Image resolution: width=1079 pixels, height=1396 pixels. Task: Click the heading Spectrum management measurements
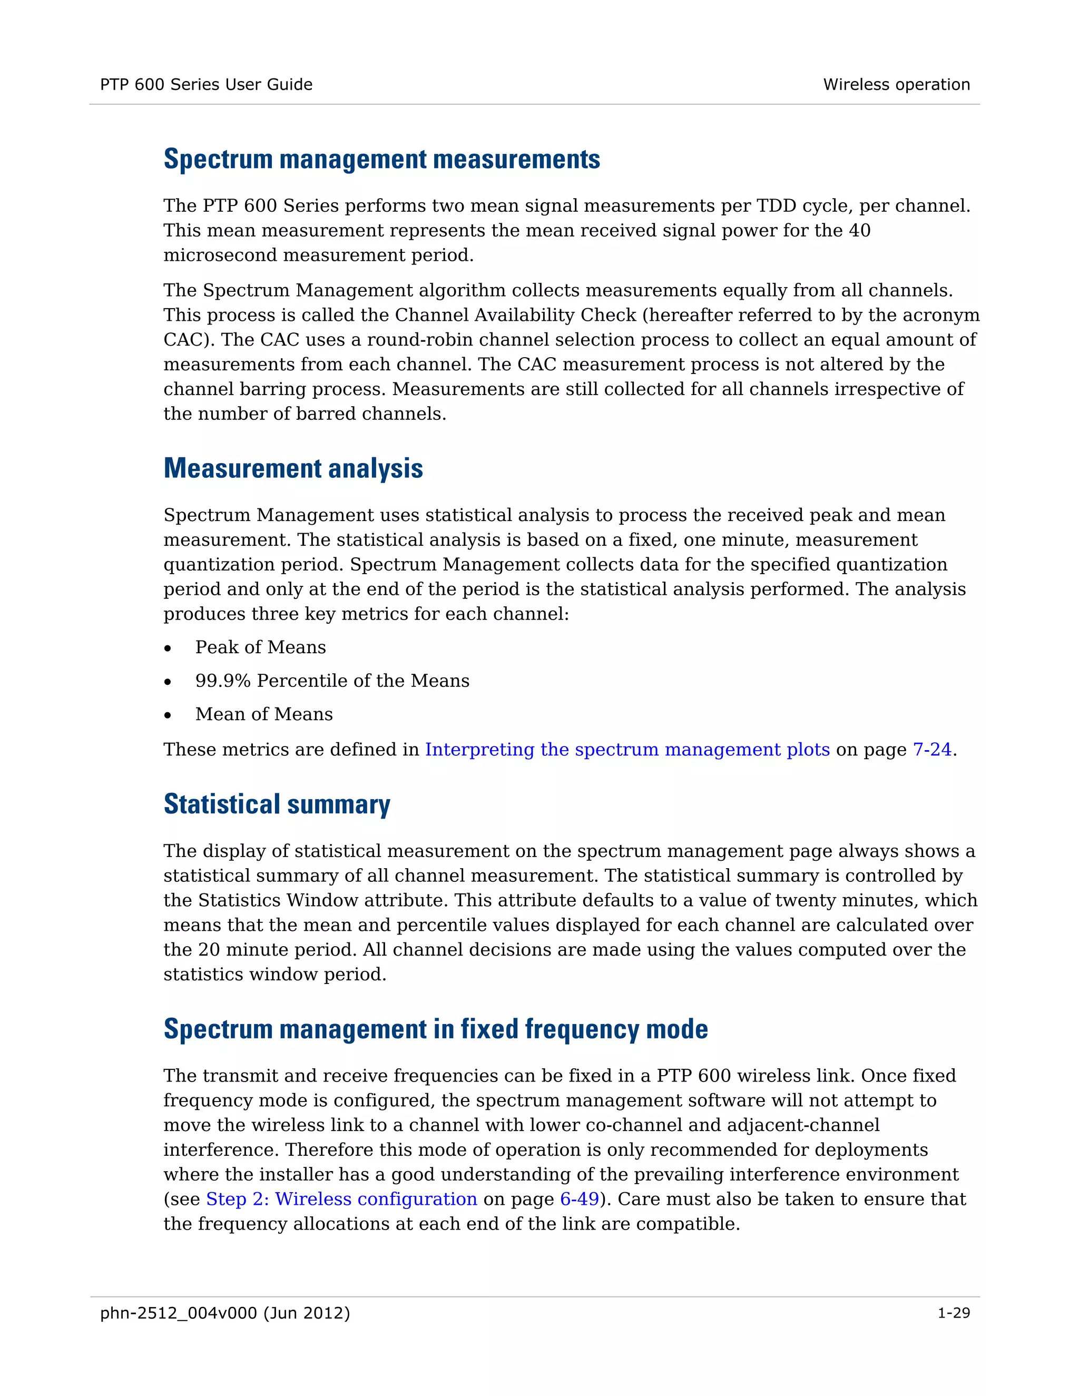coord(381,159)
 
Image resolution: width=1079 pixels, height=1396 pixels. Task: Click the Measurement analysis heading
coord(293,468)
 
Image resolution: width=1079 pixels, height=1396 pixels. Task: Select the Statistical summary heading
coord(277,804)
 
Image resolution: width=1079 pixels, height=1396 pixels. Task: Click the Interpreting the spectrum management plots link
coord(627,749)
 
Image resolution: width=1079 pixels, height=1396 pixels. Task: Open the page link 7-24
coord(932,749)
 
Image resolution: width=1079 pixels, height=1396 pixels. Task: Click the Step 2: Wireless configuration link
coord(341,1199)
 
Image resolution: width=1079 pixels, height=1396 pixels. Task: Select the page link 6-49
coord(579,1199)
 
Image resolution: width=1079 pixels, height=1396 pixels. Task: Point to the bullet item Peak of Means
coord(260,647)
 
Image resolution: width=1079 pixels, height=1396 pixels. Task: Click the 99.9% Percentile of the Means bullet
coord(332,681)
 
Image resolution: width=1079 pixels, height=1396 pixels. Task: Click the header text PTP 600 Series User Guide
coord(206,84)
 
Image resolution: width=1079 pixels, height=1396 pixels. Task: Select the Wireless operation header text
coord(896,84)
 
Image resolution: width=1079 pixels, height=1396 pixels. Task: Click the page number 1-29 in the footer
coord(953,1313)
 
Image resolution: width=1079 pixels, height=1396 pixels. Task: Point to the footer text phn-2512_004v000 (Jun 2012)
coord(225,1313)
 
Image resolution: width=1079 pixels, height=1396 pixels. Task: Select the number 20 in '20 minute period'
coord(209,950)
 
